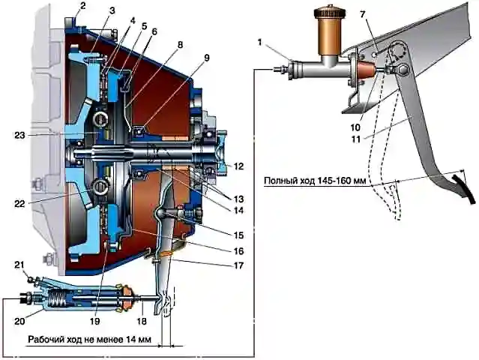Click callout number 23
pyautogui.click(x=19, y=135)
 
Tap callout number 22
pyautogui.click(x=19, y=203)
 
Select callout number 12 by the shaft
pyautogui.click(x=238, y=166)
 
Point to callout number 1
pyautogui.click(x=259, y=42)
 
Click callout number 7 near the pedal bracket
pyautogui.click(x=363, y=15)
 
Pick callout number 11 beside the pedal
pyautogui.click(x=356, y=139)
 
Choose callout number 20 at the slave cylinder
pyautogui.click(x=19, y=321)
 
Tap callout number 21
pyautogui.click(x=19, y=265)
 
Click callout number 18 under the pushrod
pyautogui.click(x=142, y=321)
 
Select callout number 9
pyautogui.click(x=207, y=58)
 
